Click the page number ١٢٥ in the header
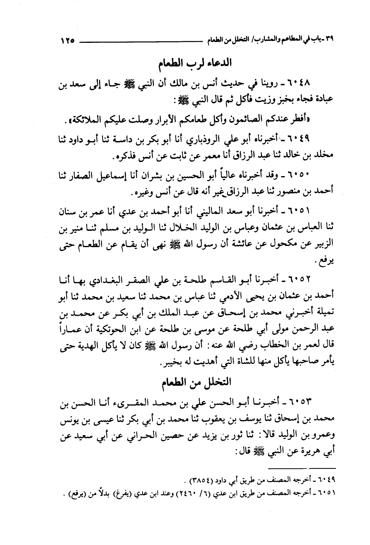[68, 40]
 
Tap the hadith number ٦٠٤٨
[302, 84]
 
